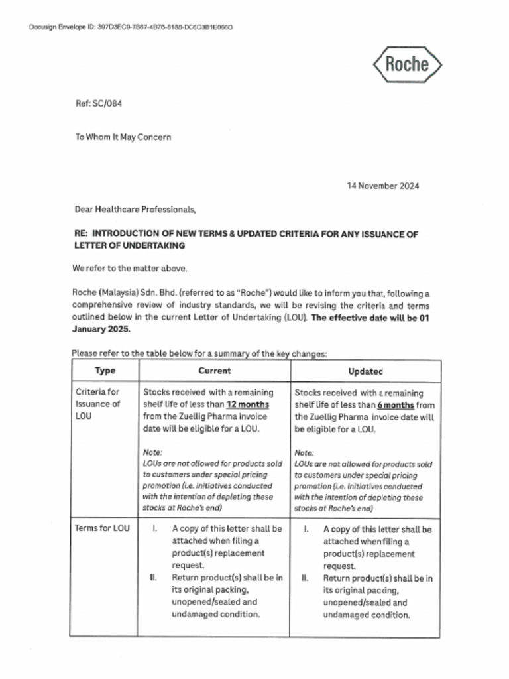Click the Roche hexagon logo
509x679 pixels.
(x=407, y=64)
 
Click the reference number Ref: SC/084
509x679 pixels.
(x=98, y=104)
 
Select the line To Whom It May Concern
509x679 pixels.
(x=123, y=137)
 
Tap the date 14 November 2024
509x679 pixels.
(x=382, y=186)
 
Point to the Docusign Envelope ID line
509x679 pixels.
(x=131, y=27)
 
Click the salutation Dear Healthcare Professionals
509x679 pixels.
(x=135, y=210)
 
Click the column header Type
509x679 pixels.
(x=105, y=371)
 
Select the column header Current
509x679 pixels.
(x=214, y=371)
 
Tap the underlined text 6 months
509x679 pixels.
(x=396, y=405)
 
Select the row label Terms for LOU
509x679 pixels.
(x=103, y=528)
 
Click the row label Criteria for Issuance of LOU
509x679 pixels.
(x=98, y=404)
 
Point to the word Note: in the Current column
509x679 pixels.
(x=152, y=452)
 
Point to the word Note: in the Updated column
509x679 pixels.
(x=304, y=452)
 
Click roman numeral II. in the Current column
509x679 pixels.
(x=153, y=578)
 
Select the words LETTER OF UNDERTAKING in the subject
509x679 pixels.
(x=129, y=245)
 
